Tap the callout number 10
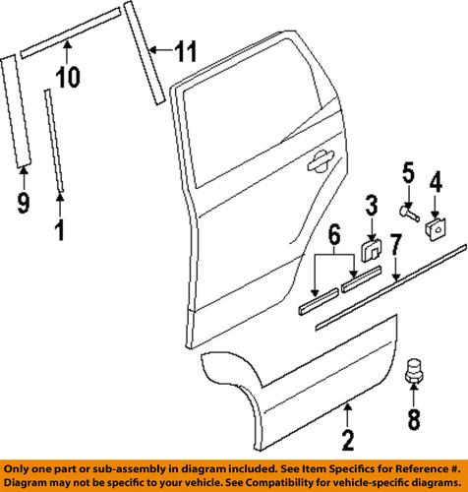click(67, 77)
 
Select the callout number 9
click(24, 203)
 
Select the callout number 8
click(412, 419)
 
